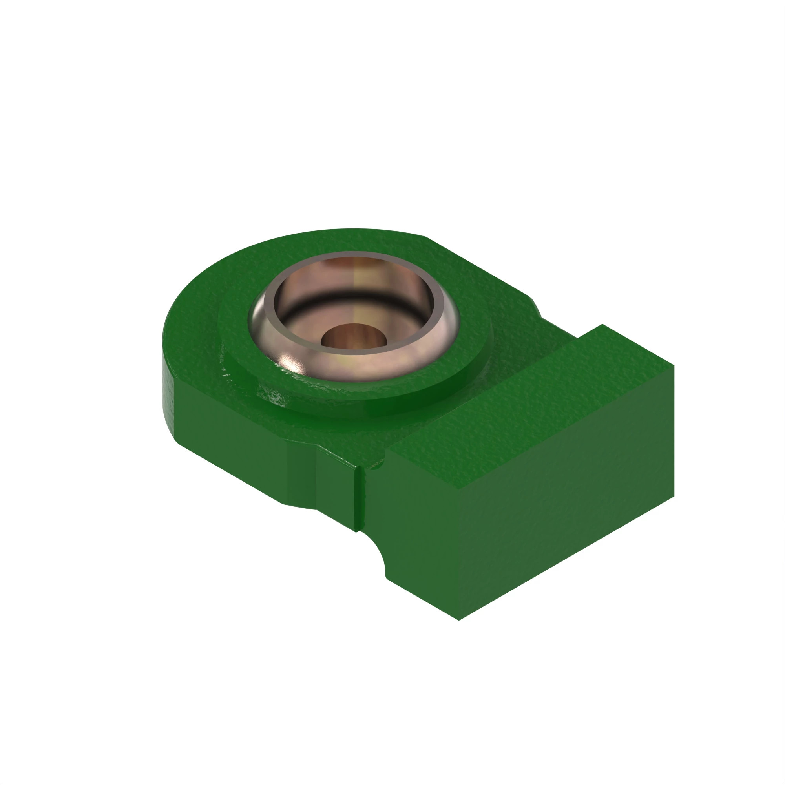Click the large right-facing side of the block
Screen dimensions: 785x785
[x=569, y=528]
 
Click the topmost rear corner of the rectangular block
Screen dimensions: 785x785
[x=602, y=325]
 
